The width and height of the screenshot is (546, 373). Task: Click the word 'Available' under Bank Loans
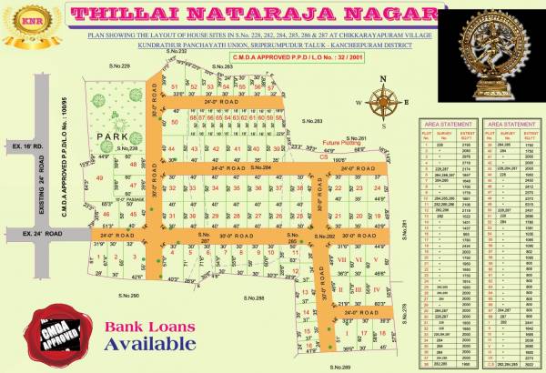pos(148,344)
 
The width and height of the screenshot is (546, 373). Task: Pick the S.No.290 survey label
pos(127,296)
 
